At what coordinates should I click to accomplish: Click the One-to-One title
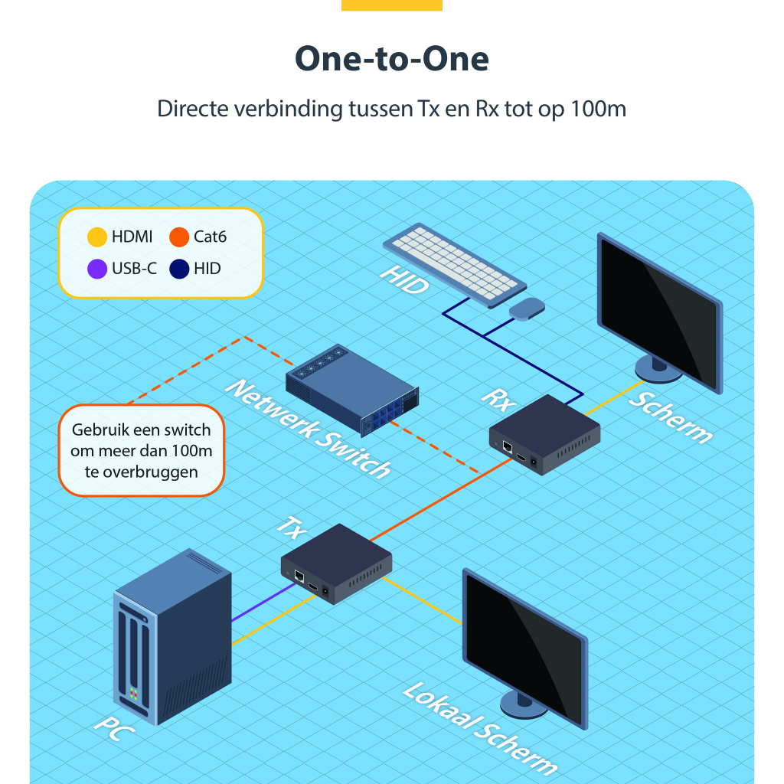tap(392, 59)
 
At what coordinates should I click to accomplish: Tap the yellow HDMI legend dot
tap(97, 237)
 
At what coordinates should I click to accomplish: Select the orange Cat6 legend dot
tap(179, 237)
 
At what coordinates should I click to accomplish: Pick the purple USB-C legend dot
tap(97, 269)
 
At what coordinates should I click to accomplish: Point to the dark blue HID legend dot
tap(179, 269)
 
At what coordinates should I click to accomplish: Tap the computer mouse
tap(527, 309)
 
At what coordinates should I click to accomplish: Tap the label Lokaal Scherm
tap(479, 727)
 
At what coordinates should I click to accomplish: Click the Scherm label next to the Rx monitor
tap(671, 417)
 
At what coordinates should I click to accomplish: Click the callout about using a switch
tap(142, 451)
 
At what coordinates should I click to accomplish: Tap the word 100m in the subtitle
tap(598, 109)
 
